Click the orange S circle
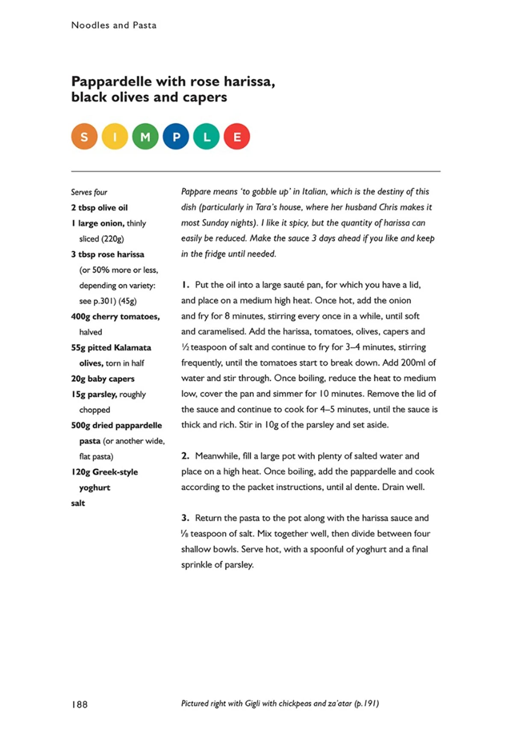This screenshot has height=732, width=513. pyautogui.click(x=84, y=137)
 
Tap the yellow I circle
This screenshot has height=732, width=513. pyautogui.click(x=115, y=137)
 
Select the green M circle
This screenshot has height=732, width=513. pyautogui.click(x=145, y=137)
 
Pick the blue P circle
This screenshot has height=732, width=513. pyautogui.click(x=176, y=137)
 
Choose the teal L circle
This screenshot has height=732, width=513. pyautogui.click(x=206, y=137)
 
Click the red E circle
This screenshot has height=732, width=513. pyautogui.click(x=237, y=137)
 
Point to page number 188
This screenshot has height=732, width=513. pyautogui.click(x=80, y=704)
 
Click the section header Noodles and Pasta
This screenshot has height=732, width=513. pyautogui.click(x=114, y=25)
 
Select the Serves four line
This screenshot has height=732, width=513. pyautogui.click(x=89, y=192)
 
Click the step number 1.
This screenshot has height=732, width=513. pyautogui.click(x=185, y=285)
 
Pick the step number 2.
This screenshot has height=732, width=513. pyautogui.click(x=185, y=456)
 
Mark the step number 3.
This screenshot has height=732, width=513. pyautogui.click(x=185, y=518)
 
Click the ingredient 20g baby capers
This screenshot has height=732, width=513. pyautogui.click(x=103, y=379)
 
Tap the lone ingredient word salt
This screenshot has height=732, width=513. pyautogui.click(x=78, y=503)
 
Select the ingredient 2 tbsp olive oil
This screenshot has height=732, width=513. pyautogui.click(x=99, y=208)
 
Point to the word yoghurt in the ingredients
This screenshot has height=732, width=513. pyautogui.click(x=94, y=488)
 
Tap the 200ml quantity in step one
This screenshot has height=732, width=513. pyautogui.click(x=413, y=363)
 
